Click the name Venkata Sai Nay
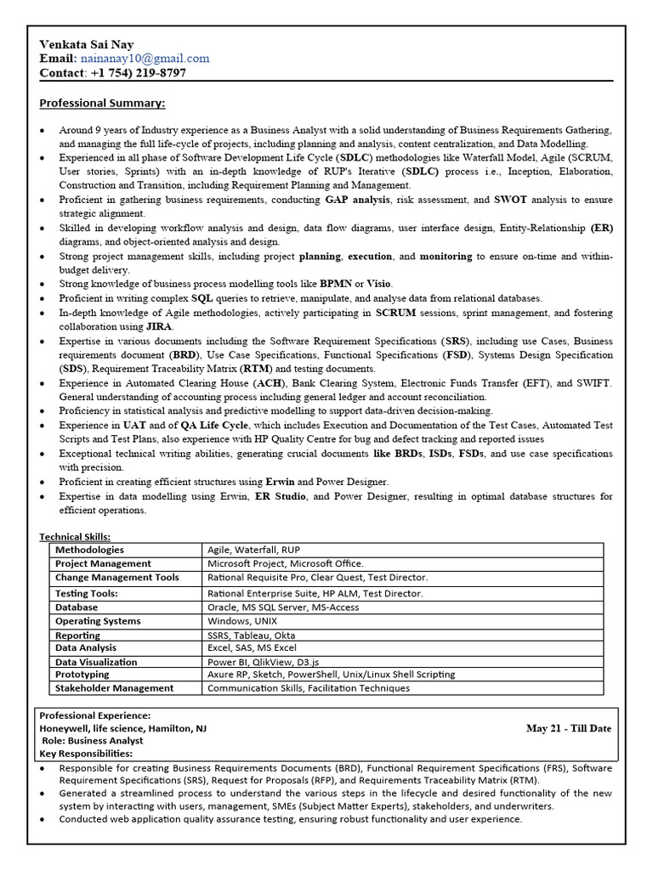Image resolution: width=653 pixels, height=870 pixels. pos(86,44)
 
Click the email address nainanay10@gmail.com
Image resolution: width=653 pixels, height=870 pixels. pos(145,59)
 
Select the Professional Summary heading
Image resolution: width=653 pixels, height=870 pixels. pos(102,104)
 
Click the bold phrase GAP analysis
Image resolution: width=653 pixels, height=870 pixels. pos(357,200)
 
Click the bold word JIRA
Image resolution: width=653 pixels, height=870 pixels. pos(158,326)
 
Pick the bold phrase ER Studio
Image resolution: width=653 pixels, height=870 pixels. pos(280,496)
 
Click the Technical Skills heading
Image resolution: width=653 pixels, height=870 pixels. pos(75,537)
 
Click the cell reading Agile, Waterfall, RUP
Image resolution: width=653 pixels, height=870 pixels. pos(253,550)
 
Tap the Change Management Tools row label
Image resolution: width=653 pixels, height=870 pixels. pos(117,578)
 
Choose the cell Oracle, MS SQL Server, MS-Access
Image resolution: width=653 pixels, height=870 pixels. pos(283,607)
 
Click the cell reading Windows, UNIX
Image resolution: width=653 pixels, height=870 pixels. pos(242,621)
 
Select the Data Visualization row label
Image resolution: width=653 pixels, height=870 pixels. pos(96,662)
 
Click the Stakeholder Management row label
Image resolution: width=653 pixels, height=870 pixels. pos(114,688)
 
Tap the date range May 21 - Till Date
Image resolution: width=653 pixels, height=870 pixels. pos(569,728)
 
